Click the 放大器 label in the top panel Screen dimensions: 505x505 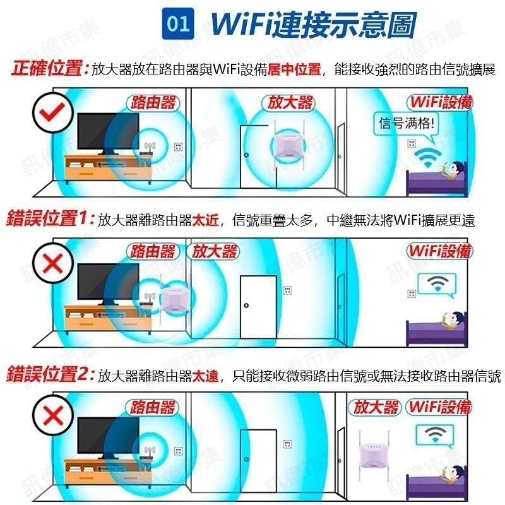coord(290,103)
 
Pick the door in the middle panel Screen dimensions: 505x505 coord(258,304)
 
